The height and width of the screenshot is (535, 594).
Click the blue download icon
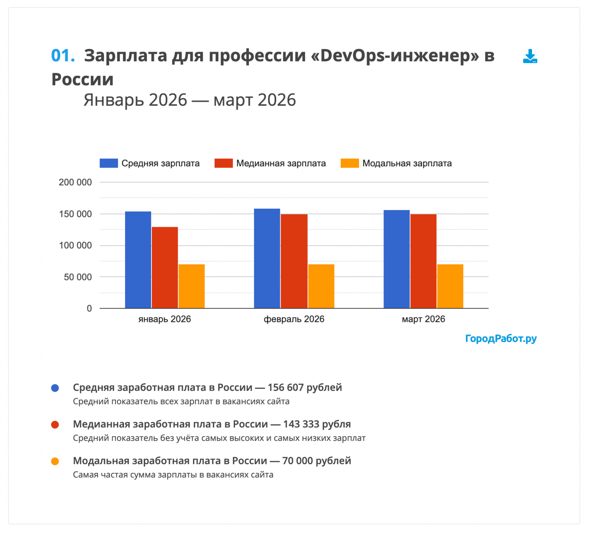coord(530,56)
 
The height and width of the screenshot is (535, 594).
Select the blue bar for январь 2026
coord(138,260)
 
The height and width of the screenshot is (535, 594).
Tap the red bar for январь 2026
coord(165,267)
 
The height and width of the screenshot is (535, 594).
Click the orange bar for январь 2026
coord(192,286)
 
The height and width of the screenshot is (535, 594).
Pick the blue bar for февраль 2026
coord(267,258)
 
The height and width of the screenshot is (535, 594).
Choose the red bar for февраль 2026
coord(294,261)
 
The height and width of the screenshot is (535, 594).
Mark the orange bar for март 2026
coord(450,286)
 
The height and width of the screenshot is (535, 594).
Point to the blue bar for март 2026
coord(396,259)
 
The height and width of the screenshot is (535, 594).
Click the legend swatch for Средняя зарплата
coord(109,163)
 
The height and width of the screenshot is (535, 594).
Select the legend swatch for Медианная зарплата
coord(223,163)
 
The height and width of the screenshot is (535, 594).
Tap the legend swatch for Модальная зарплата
coord(350,163)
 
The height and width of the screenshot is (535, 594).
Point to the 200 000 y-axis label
coord(75,182)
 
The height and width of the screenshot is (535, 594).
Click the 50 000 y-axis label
coord(78,277)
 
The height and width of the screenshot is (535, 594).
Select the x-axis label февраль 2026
coord(294,319)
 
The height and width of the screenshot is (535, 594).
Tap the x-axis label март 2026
coord(423,319)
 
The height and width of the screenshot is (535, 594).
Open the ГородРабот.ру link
coord(501,339)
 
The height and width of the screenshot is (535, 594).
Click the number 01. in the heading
coord(63,56)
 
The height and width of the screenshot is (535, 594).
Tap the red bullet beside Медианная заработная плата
coord(55,425)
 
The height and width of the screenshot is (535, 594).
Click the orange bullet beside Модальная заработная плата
coord(55,461)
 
